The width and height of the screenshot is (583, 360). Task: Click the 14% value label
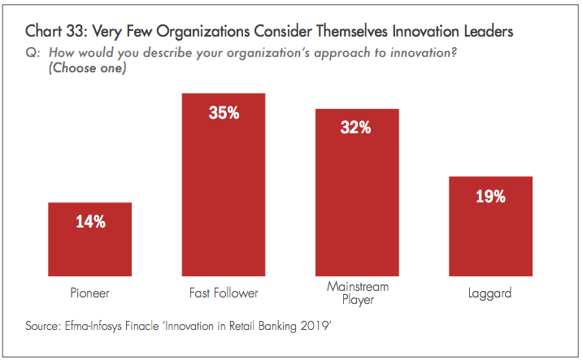pos(89,221)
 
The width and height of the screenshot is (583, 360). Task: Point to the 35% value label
pos(224,113)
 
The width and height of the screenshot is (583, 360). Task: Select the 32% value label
pos(357,128)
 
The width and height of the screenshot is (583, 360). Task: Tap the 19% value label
pos(490,196)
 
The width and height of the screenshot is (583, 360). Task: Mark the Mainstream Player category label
pos(357,293)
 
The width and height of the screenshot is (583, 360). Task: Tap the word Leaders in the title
pos(484,33)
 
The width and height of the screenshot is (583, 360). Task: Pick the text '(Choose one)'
pos(85,67)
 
